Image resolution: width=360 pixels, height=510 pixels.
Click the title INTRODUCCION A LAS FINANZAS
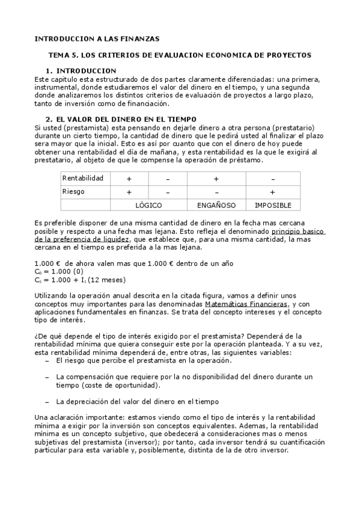(x=97, y=38)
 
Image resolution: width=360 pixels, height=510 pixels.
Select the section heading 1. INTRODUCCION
(x=81, y=71)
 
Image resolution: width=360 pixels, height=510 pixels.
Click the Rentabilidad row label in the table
(x=83, y=178)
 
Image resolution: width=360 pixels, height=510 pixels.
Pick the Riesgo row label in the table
(x=73, y=192)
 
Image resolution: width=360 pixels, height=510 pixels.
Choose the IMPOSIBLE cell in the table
(x=273, y=206)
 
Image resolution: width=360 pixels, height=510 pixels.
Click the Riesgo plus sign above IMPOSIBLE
(x=273, y=192)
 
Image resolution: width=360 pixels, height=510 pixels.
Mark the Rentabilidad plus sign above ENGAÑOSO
(x=216, y=179)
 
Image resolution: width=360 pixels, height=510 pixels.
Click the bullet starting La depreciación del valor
(x=137, y=401)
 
